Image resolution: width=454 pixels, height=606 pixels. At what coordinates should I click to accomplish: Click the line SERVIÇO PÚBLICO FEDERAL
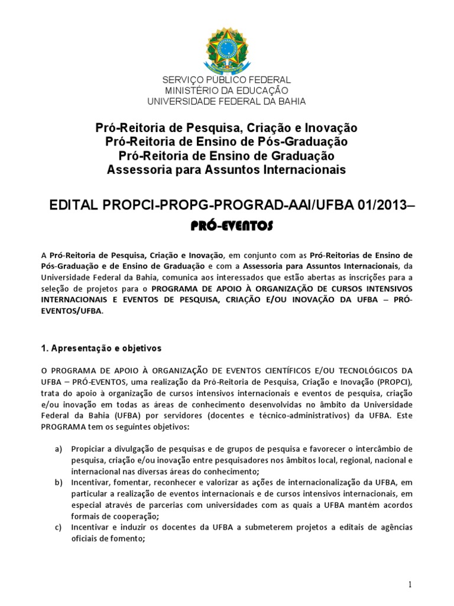point(226,80)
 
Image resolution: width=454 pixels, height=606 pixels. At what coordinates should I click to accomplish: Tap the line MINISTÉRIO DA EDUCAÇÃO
point(226,91)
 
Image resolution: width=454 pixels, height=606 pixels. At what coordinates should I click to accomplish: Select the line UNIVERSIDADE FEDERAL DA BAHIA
point(226,101)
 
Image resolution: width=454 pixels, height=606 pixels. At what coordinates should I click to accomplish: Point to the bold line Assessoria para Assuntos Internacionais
point(226,170)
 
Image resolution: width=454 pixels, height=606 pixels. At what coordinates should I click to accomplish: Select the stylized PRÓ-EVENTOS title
point(227,225)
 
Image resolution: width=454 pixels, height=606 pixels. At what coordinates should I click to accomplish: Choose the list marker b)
point(59,483)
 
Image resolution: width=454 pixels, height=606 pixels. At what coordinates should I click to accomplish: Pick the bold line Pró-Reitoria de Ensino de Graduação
point(226,156)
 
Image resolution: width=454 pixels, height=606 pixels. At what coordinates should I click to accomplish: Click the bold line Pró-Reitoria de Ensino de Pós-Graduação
point(226,141)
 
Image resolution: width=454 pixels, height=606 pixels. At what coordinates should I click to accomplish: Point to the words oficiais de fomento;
point(108,539)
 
